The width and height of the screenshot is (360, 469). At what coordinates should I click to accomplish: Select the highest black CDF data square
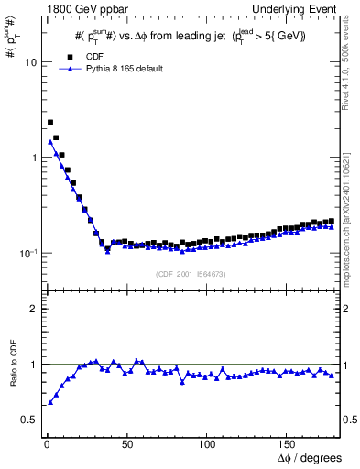50,122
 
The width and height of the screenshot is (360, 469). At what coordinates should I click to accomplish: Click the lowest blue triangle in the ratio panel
50,401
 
